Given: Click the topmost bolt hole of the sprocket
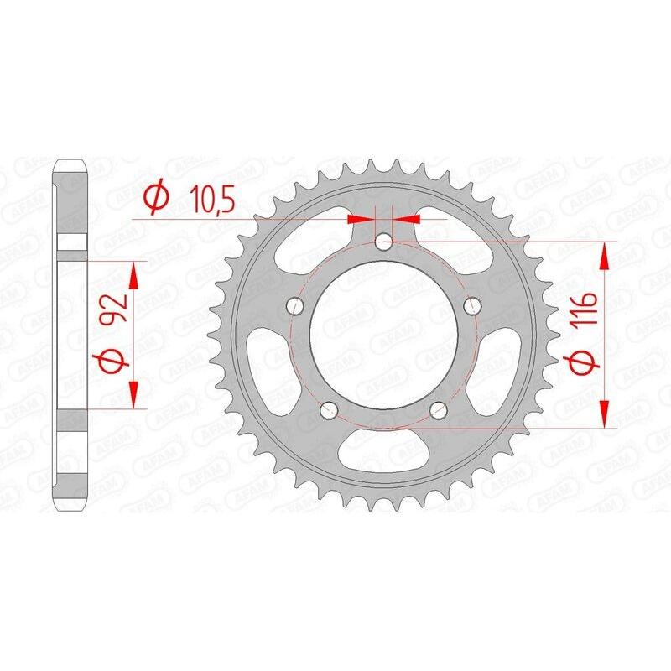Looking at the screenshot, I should click(384, 243).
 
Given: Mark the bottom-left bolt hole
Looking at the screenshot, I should click(329, 409).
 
